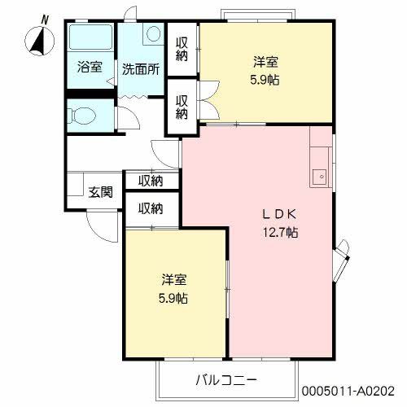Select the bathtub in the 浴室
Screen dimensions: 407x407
(x=90, y=38)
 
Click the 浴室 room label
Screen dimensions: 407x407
(x=90, y=68)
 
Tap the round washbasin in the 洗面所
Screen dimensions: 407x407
(x=153, y=35)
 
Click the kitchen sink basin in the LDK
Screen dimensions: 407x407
(x=319, y=175)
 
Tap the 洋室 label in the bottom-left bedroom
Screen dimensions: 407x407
(x=173, y=279)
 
